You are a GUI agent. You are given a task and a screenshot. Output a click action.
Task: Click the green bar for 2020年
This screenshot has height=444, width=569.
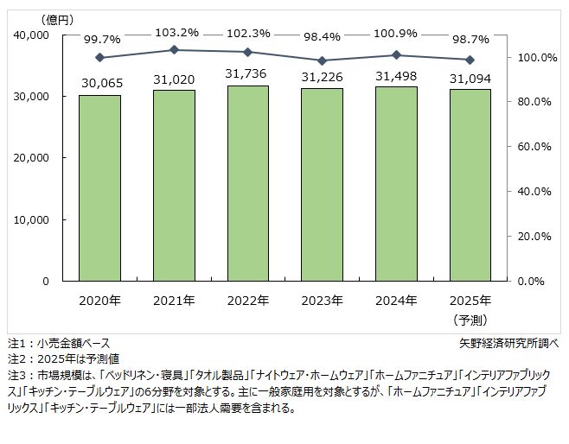99,187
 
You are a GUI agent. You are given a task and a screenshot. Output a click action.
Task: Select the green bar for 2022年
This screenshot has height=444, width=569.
247,182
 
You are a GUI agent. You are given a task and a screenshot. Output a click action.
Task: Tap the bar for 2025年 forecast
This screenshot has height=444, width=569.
470,185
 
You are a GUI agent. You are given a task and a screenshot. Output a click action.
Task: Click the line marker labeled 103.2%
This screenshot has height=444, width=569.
174,50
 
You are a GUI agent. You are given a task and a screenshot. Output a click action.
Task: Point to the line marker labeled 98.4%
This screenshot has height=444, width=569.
322,60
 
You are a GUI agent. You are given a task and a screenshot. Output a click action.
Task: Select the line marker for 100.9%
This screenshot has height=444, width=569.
396,55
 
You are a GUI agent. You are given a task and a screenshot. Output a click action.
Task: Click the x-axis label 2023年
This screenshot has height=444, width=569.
322,301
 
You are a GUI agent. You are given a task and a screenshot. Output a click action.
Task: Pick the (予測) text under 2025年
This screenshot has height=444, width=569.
470,319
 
